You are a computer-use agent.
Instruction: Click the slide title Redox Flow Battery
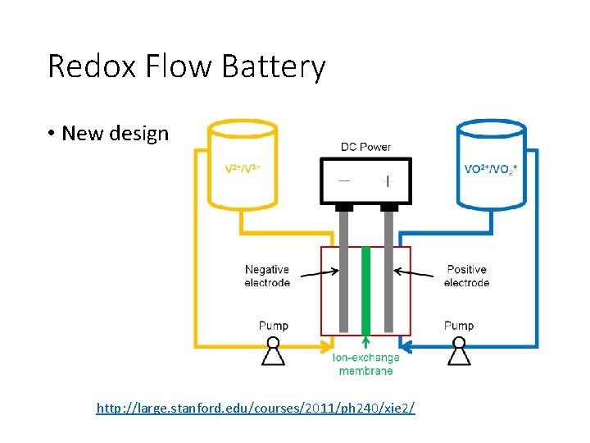pos(187,66)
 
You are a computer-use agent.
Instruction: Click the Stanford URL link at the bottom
pos(256,407)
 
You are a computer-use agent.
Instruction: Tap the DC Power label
pos(365,147)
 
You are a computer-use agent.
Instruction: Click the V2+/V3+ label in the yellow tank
pos(243,169)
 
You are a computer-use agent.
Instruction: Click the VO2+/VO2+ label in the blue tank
pos(491,169)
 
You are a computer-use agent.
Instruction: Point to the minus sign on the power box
pos(344,180)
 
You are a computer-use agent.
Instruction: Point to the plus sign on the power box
pos(388,180)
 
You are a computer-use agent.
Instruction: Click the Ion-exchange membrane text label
pos(365,364)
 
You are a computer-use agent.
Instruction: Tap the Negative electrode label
pos(267,276)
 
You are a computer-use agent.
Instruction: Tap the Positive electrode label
pos(466,276)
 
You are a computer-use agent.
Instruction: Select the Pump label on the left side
pos(273,326)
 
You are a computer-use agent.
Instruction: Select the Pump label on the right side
pos(459,326)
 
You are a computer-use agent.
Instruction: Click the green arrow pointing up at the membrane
pos(365,343)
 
